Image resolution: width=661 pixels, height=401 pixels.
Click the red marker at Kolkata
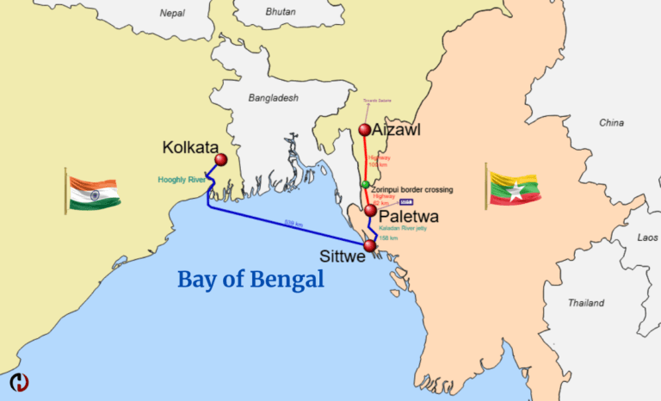pyautogui.click(x=220, y=160)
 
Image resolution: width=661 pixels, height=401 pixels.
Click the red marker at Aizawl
pyautogui.click(x=365, y=131)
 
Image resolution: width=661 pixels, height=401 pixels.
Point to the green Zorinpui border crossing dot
pyautogui.click(x=365, y=185)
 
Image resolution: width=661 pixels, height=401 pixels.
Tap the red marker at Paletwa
pyautogui.click(x=370, y=210)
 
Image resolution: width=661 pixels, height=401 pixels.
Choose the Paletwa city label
pyautogui.click(x=409, y=217)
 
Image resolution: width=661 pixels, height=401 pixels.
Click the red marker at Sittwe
pyautogui.click(x=370, y=246)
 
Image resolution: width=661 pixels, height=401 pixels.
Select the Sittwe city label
pyautogui.click(x=342, y=256)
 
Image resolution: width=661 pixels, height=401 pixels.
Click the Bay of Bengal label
pyautogui.click(x=250, y=279)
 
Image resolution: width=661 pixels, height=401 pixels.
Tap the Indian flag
pyautogui.click(x=93, y=193)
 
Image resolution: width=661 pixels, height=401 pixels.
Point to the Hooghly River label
pyautogui.click(x=182, y=180)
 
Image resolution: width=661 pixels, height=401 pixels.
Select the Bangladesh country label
pyautogui.click(x=273, y=98)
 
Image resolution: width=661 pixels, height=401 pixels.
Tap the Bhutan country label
pyautogui.click(x=281, y=13)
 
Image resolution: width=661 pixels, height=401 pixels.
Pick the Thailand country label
pyautogui.click(x=585, y=303)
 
